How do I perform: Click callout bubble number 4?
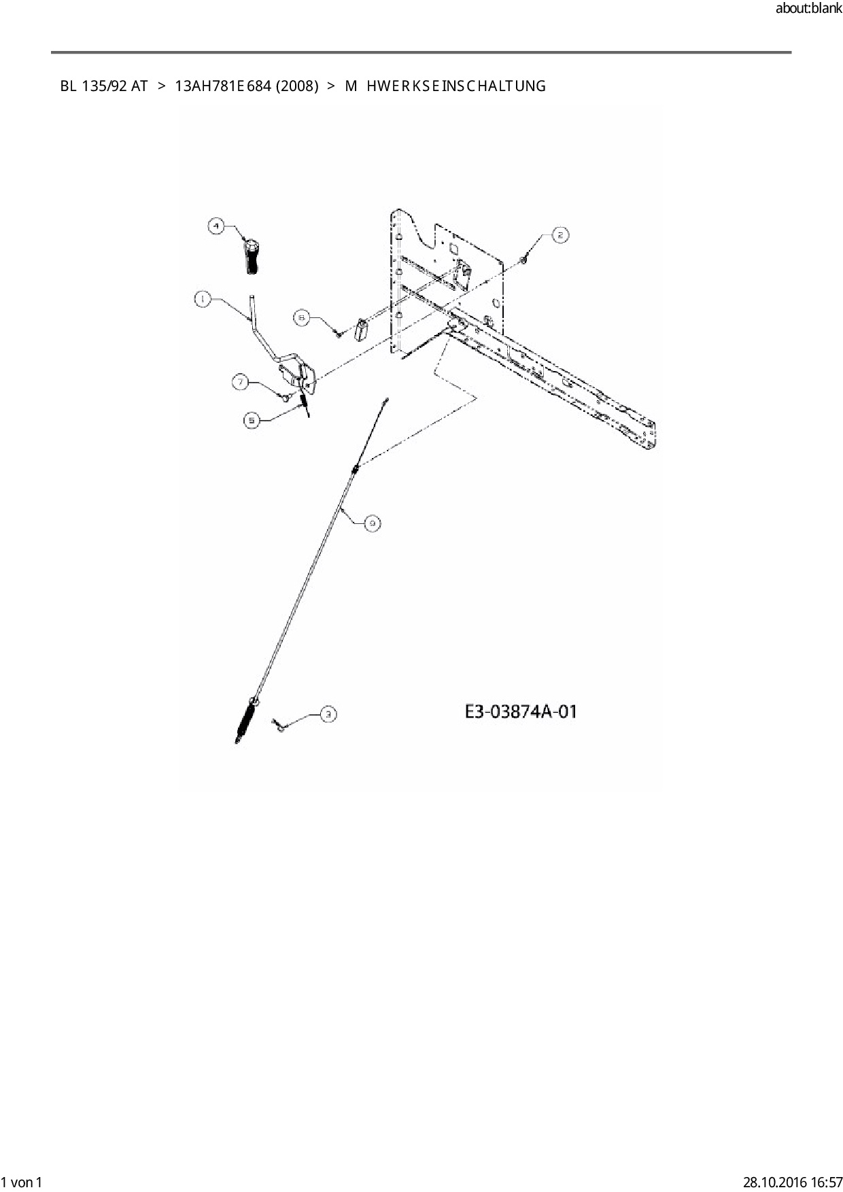(216, 226)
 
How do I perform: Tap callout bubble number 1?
(203, 299)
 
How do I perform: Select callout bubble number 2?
(560, 235)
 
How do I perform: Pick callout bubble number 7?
(241, 383)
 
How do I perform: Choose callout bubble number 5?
(252, 421)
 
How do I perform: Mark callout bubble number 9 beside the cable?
(372, 523)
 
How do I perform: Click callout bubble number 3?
(328, 714)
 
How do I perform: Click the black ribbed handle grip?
(252, 256)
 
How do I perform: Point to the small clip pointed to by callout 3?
(279, 726)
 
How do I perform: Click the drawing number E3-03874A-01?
(521, 712)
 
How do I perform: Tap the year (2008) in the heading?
(297, 86)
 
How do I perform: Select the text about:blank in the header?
(808, 10)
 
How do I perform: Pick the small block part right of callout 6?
(362, 331)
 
